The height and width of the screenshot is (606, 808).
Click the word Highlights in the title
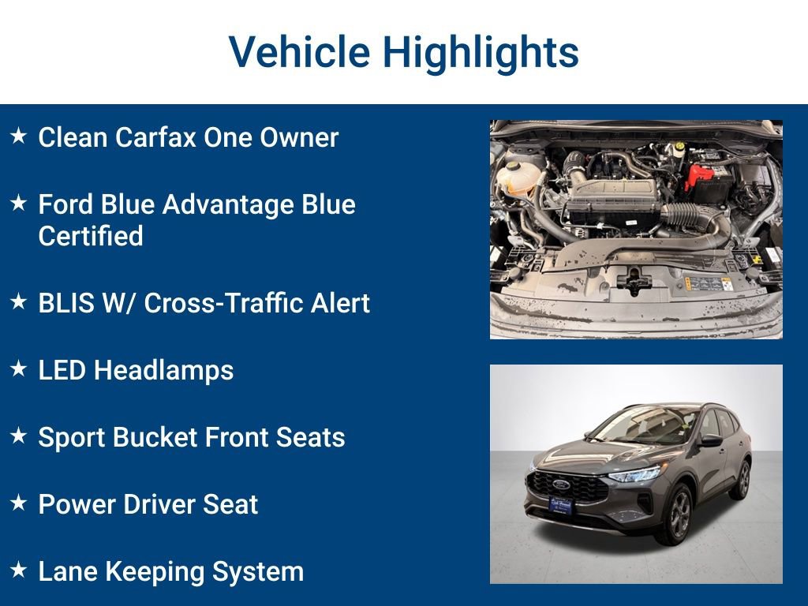(x=481, y=52)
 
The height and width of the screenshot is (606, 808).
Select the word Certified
(x=91, y=236)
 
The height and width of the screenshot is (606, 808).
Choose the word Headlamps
(x=164, y=370)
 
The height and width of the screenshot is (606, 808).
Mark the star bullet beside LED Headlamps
(x=19, y=368)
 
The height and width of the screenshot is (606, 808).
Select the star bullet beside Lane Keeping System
(x=19, y=570)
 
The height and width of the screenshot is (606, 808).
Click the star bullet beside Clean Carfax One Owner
(x=19, y=136)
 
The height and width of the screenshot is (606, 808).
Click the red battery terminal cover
(x=698, y=174)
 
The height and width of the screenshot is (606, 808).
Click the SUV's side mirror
(x=711, y=440)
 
